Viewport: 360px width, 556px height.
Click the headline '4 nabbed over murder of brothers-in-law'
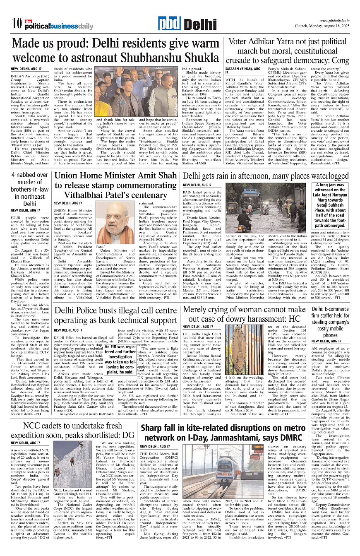coord(30,189)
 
